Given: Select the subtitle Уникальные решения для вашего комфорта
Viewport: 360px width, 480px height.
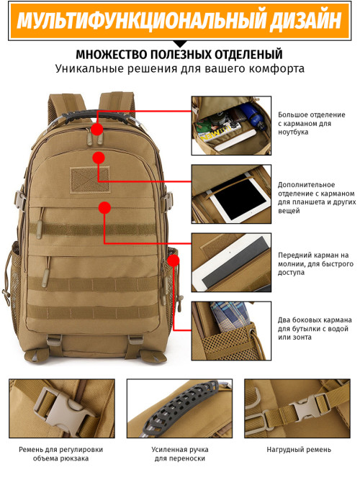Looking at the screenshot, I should tap(179, 70).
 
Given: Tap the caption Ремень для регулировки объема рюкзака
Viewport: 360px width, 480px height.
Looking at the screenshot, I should tap(60, 454).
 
